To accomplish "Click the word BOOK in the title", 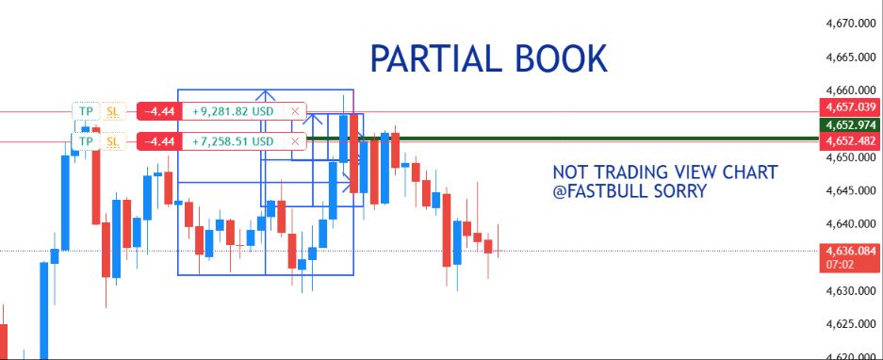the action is (x=562, y=58).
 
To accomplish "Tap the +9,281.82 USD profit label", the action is (x=233, y=111).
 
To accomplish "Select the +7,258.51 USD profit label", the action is (x=233, y=140).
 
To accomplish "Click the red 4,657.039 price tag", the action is (x=850, y=107).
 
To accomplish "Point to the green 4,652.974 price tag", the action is (x=850, y=124).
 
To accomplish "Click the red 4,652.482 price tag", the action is (x=850, y=140).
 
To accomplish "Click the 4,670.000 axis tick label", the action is (x=851, y=39).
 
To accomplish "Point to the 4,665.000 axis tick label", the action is (x=851, y=57).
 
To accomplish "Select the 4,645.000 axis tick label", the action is (x=851, y=191).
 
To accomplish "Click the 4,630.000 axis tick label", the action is (x=851, y=290).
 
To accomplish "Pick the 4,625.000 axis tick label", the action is (x=851, y=324).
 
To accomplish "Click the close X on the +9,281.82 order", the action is (x=295, y=111).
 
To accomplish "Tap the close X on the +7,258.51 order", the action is (x=295, y=140).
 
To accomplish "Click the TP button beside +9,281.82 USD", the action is (x=86, y=111).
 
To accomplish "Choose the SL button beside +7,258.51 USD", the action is (x=113, y=140).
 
